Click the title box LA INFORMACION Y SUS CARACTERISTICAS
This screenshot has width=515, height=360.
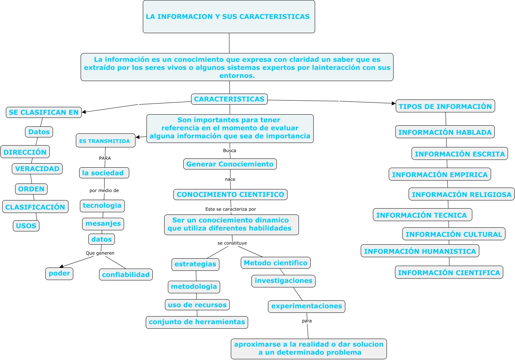(229, 17)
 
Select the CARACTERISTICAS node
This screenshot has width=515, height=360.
(229, 99)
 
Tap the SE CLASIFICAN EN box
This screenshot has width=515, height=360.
(43, 112)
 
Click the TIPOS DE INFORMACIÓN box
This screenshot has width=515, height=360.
(445, 106)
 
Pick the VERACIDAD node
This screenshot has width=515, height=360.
(37, 169)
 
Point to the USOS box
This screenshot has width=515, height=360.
(26, 226)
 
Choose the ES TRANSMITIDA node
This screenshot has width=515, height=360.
(105, 141)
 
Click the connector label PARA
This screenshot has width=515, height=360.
(105, 158)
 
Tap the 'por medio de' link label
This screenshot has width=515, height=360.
(104, 191)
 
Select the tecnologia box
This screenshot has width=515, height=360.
(102, 206)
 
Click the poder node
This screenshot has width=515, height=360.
(59, 273)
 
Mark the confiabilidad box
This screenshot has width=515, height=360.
(126, 275)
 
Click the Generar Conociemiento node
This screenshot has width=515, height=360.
(230, 164)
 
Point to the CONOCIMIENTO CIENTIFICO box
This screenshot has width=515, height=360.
(230, 195)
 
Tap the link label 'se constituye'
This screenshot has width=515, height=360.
(232, 243)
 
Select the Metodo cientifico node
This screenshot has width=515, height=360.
(275, 263)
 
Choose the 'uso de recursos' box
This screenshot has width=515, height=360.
(197, 305)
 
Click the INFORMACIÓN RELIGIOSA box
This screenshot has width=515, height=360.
(462, 195)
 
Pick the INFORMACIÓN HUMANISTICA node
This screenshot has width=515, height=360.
(420, 251)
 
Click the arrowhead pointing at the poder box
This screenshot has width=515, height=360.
(61, 266)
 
